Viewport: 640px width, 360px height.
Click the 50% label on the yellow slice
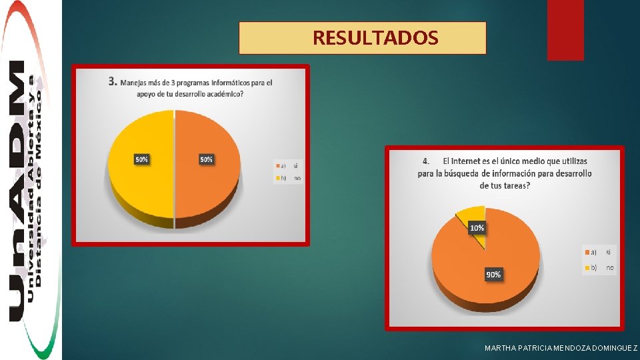coord(141,160)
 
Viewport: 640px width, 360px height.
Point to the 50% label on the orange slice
coord(207,160)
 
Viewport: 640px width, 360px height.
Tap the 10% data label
coord(477,228)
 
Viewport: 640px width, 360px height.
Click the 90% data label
coord(493,274)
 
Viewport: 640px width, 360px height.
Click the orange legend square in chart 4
coord(587,252)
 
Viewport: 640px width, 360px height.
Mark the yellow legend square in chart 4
coord(587,267)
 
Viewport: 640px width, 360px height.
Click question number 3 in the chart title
coord(113,83)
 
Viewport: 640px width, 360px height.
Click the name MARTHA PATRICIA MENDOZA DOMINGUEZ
coord(561,349)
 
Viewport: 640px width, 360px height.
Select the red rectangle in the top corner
coord(565,29)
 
